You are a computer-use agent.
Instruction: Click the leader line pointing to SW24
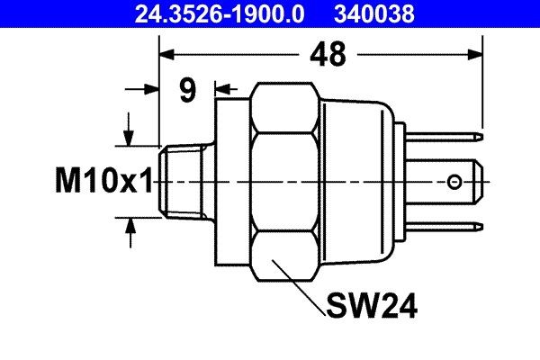point(301,287)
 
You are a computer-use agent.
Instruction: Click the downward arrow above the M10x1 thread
point(131,136)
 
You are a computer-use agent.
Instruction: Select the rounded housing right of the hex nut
point(355,183)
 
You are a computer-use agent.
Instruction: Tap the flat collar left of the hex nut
point(230,183)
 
